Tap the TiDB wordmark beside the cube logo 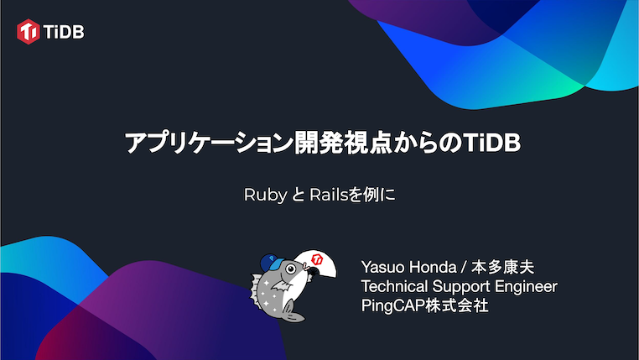tap(64, 32)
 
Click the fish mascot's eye tap(292, 270)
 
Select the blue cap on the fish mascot tap(271, 261)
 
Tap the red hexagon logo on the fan tap(318, 258)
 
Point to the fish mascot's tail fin tap(289, 315)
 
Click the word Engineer tap(528, 287)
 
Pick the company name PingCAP tap(397, 305)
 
